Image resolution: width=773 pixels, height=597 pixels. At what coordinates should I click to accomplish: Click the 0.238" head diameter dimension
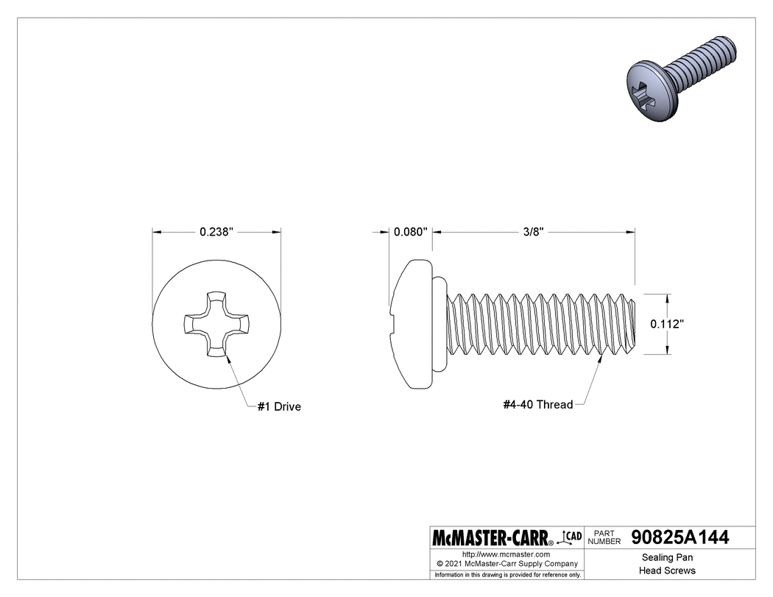[x=216, y=232]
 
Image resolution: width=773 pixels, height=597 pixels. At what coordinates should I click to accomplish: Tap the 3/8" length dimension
[x=533, y=232]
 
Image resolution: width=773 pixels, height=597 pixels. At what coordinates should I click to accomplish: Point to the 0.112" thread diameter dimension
[x=668, y=324]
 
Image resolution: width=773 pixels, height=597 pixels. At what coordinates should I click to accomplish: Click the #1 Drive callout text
[x=279, y=406]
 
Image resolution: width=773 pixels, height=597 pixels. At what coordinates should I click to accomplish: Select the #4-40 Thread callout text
[x=537, y=405]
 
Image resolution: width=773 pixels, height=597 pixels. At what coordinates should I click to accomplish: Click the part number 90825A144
[x=680, y=537]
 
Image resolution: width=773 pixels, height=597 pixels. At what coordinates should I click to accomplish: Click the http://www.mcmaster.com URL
[x=506, y=554]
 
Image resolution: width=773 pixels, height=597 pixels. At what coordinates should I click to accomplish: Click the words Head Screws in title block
[x=668, y=570]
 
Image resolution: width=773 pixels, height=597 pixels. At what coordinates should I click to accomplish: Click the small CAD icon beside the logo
[x=571, y=537]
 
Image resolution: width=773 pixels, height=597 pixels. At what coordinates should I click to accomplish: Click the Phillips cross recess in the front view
[x=216, y=324]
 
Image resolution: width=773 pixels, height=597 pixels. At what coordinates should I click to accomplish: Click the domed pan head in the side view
[x=411, y=324]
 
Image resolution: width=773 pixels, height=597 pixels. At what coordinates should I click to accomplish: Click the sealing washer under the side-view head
[x=439, y=324]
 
